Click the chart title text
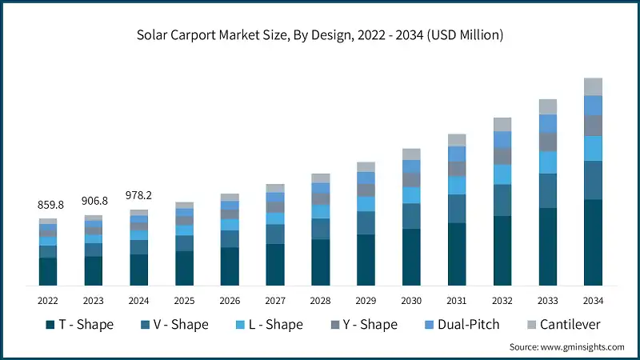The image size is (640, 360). pos(320,34)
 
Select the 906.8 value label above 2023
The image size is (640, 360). pos(94,201)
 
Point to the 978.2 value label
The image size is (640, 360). pos(139,194)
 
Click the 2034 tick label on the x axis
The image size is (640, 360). pos(593,301)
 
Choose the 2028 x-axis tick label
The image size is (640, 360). pos(320,301)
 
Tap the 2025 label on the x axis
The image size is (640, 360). pos(184,301)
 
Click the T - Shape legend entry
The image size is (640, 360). pos(79,324)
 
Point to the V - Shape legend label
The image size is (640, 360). pos(182,324)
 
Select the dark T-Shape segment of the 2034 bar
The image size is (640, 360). pos(593,242)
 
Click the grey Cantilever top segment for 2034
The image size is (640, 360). pos(593,86)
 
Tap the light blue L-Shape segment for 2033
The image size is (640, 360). pos(547,162)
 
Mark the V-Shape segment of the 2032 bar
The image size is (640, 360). pos(502,200)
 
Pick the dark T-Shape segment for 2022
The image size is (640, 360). pos(48,271)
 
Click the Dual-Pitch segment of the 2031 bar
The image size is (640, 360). pos(457,154)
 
